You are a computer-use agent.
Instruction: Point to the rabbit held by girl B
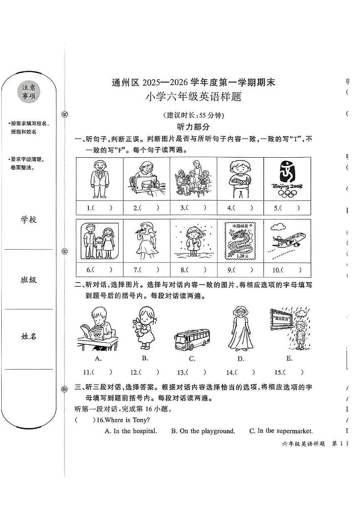(138, 328)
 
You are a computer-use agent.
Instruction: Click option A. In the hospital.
(131, 431)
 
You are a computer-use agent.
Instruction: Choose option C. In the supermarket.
(281, 431)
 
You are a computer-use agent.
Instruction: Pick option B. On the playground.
(203, 431)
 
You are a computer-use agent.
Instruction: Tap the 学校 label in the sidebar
(29, 220)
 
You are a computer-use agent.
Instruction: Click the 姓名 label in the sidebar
(29, 336)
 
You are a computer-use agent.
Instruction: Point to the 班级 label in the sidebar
(29, 280)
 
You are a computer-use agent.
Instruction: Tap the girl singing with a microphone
(147, 243)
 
